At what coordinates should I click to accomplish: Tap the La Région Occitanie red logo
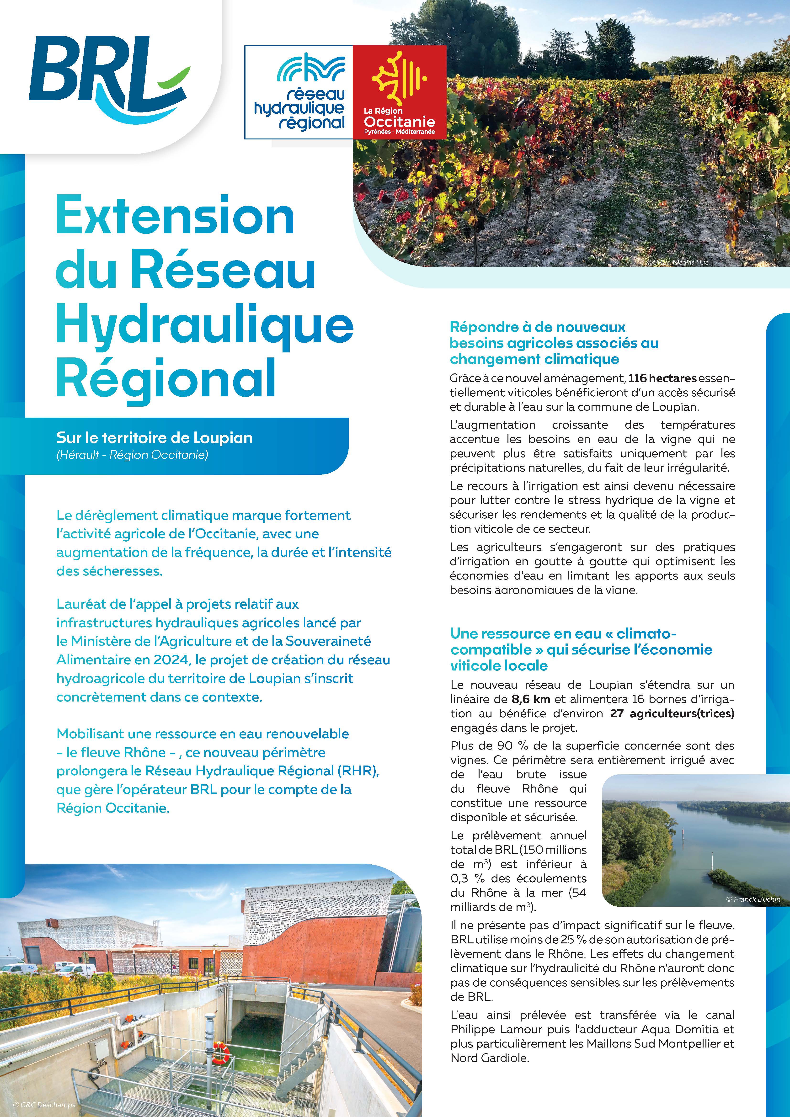click(x=399, y=92)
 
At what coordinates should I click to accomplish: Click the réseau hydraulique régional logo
click(x=299, y=92)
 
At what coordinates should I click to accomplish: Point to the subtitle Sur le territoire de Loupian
click(x=154, y=438)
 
